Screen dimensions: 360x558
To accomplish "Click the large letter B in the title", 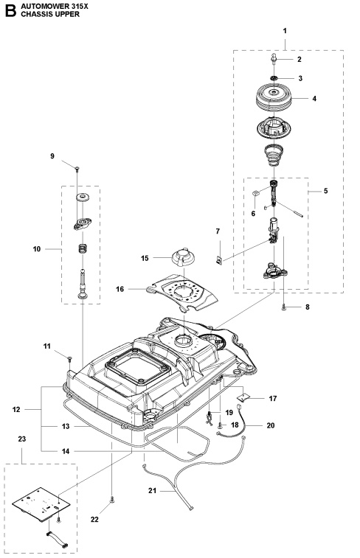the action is click(10, 10).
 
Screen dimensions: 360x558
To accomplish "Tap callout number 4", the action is click(314, 99).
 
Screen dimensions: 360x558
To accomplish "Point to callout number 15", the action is click(145, 258).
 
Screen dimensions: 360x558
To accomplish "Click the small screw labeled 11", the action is click(70, 359).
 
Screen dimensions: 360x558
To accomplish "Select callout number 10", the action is click(37, 249).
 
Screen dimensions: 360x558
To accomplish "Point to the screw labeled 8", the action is click(284, 308).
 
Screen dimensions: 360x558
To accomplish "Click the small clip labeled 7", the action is click(219, 260).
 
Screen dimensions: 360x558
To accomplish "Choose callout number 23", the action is click(22, 439).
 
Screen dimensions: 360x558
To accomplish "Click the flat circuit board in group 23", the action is click(41, 504).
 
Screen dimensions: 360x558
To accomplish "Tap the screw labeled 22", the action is click(112, 501).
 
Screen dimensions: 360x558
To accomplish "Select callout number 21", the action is click(152, 491).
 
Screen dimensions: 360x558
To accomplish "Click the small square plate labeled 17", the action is click(243, 397).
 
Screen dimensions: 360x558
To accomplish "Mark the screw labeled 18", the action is click(220, 425).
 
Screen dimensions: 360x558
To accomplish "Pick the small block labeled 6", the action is click(255, 193).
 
